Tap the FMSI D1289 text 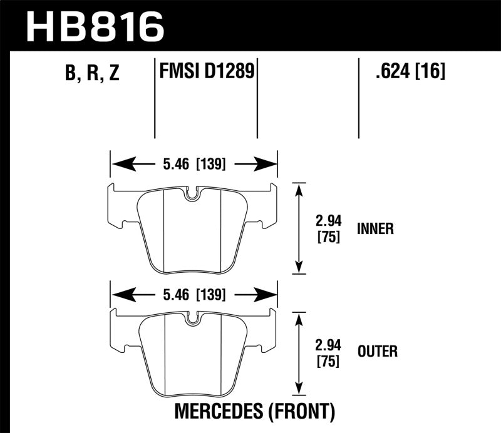206,71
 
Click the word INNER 374,229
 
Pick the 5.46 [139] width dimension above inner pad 194,166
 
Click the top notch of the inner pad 193,195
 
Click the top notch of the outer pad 193,319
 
